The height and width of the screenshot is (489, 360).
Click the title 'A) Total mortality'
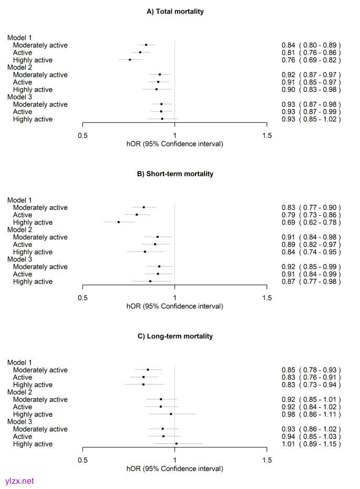click(175, 11)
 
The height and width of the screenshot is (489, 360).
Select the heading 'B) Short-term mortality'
click(175, 173)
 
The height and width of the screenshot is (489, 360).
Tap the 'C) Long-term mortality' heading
click(175, 336)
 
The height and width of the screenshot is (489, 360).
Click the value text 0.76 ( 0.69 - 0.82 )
click(311, 60)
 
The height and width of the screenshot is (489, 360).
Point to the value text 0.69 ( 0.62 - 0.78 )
click(311, 222)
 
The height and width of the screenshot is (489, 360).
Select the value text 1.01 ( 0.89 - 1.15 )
click(311, 444)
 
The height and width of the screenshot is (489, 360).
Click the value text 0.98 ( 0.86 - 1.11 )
click(311, 414)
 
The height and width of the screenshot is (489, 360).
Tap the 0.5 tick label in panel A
click(83, 136)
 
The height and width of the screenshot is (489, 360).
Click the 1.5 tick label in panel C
click(267, 460)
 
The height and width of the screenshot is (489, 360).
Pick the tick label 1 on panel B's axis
click(174, 298)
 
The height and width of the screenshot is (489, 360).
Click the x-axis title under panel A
click(175, 144)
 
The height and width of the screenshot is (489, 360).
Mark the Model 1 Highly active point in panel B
click(119, 222)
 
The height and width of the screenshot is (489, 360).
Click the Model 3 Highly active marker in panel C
click(177, 444)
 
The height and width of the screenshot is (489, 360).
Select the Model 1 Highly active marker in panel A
click(130, 60)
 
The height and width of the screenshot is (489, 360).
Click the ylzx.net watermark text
click(17, 481)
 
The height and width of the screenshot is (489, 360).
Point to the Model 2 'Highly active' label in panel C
click(33, 414)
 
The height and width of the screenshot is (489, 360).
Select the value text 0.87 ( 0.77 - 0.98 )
click(311, 282)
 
